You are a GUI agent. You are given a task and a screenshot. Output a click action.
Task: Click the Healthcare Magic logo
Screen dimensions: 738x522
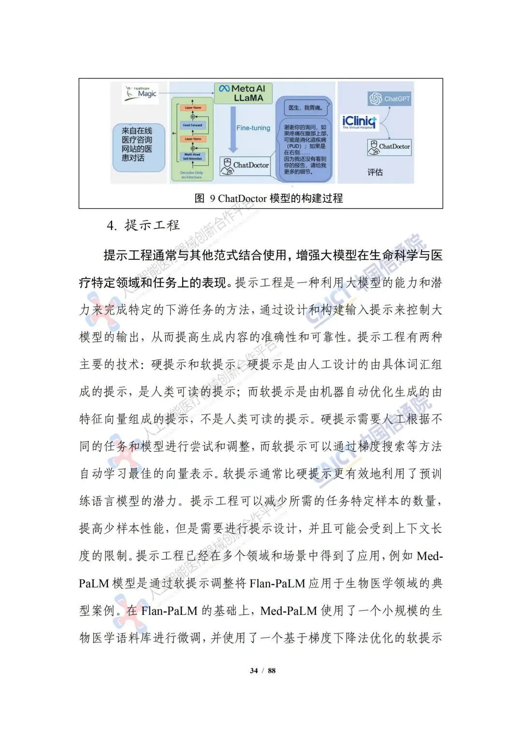pyautogui.click(x=141, y=93)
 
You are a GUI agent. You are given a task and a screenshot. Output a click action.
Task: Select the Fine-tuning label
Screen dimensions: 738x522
pyautogui.click(x=253, y=128)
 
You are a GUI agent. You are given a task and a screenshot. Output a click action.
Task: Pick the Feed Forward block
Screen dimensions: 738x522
pyautogui.click(x=192, y=125)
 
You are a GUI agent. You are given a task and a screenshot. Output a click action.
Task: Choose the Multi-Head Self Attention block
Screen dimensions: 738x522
pyautogui.click(x=192, y=156)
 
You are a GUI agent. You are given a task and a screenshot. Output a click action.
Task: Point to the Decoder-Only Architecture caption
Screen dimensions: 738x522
pyautogui.click(x=191, y=175)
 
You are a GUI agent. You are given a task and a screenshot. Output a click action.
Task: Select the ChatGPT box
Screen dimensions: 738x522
pyautogui.click(x=390, y=99)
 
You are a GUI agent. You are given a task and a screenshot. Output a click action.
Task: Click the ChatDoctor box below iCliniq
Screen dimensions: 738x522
pyautogui.click(x=389, y=147)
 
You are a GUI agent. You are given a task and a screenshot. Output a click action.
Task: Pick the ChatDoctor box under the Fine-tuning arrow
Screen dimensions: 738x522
pyautogui.click(x=246, y=165)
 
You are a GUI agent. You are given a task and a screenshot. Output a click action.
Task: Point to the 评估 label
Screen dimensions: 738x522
pyautogui.click(x=375, y=172)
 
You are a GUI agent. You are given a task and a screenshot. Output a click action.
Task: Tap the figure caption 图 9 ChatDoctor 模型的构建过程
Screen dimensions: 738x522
pyautogui.click(x=268, y=198)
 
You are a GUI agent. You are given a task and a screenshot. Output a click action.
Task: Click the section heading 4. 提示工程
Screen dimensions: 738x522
pyautogui.click(x=143, y=225)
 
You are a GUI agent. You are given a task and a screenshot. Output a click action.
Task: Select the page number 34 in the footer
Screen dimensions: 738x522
pyautogui.click(x=254, y=670)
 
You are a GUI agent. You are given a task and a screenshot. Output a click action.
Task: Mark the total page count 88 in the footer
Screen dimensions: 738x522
pyautogui.click(x=272, y=670)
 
